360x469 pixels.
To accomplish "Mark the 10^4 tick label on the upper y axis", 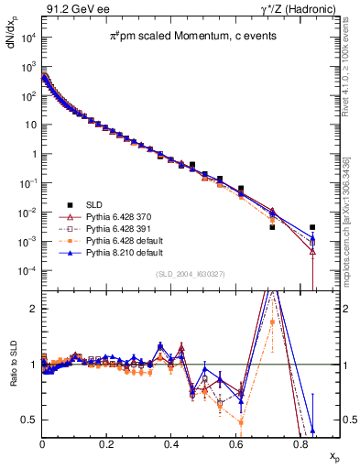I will pyautogui.click(x=28, y=38).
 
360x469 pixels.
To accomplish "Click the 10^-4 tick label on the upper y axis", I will pyautogui.click(x=28, y=271).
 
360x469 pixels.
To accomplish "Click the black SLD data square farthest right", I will pyautogui.click(x=312, y=227).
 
